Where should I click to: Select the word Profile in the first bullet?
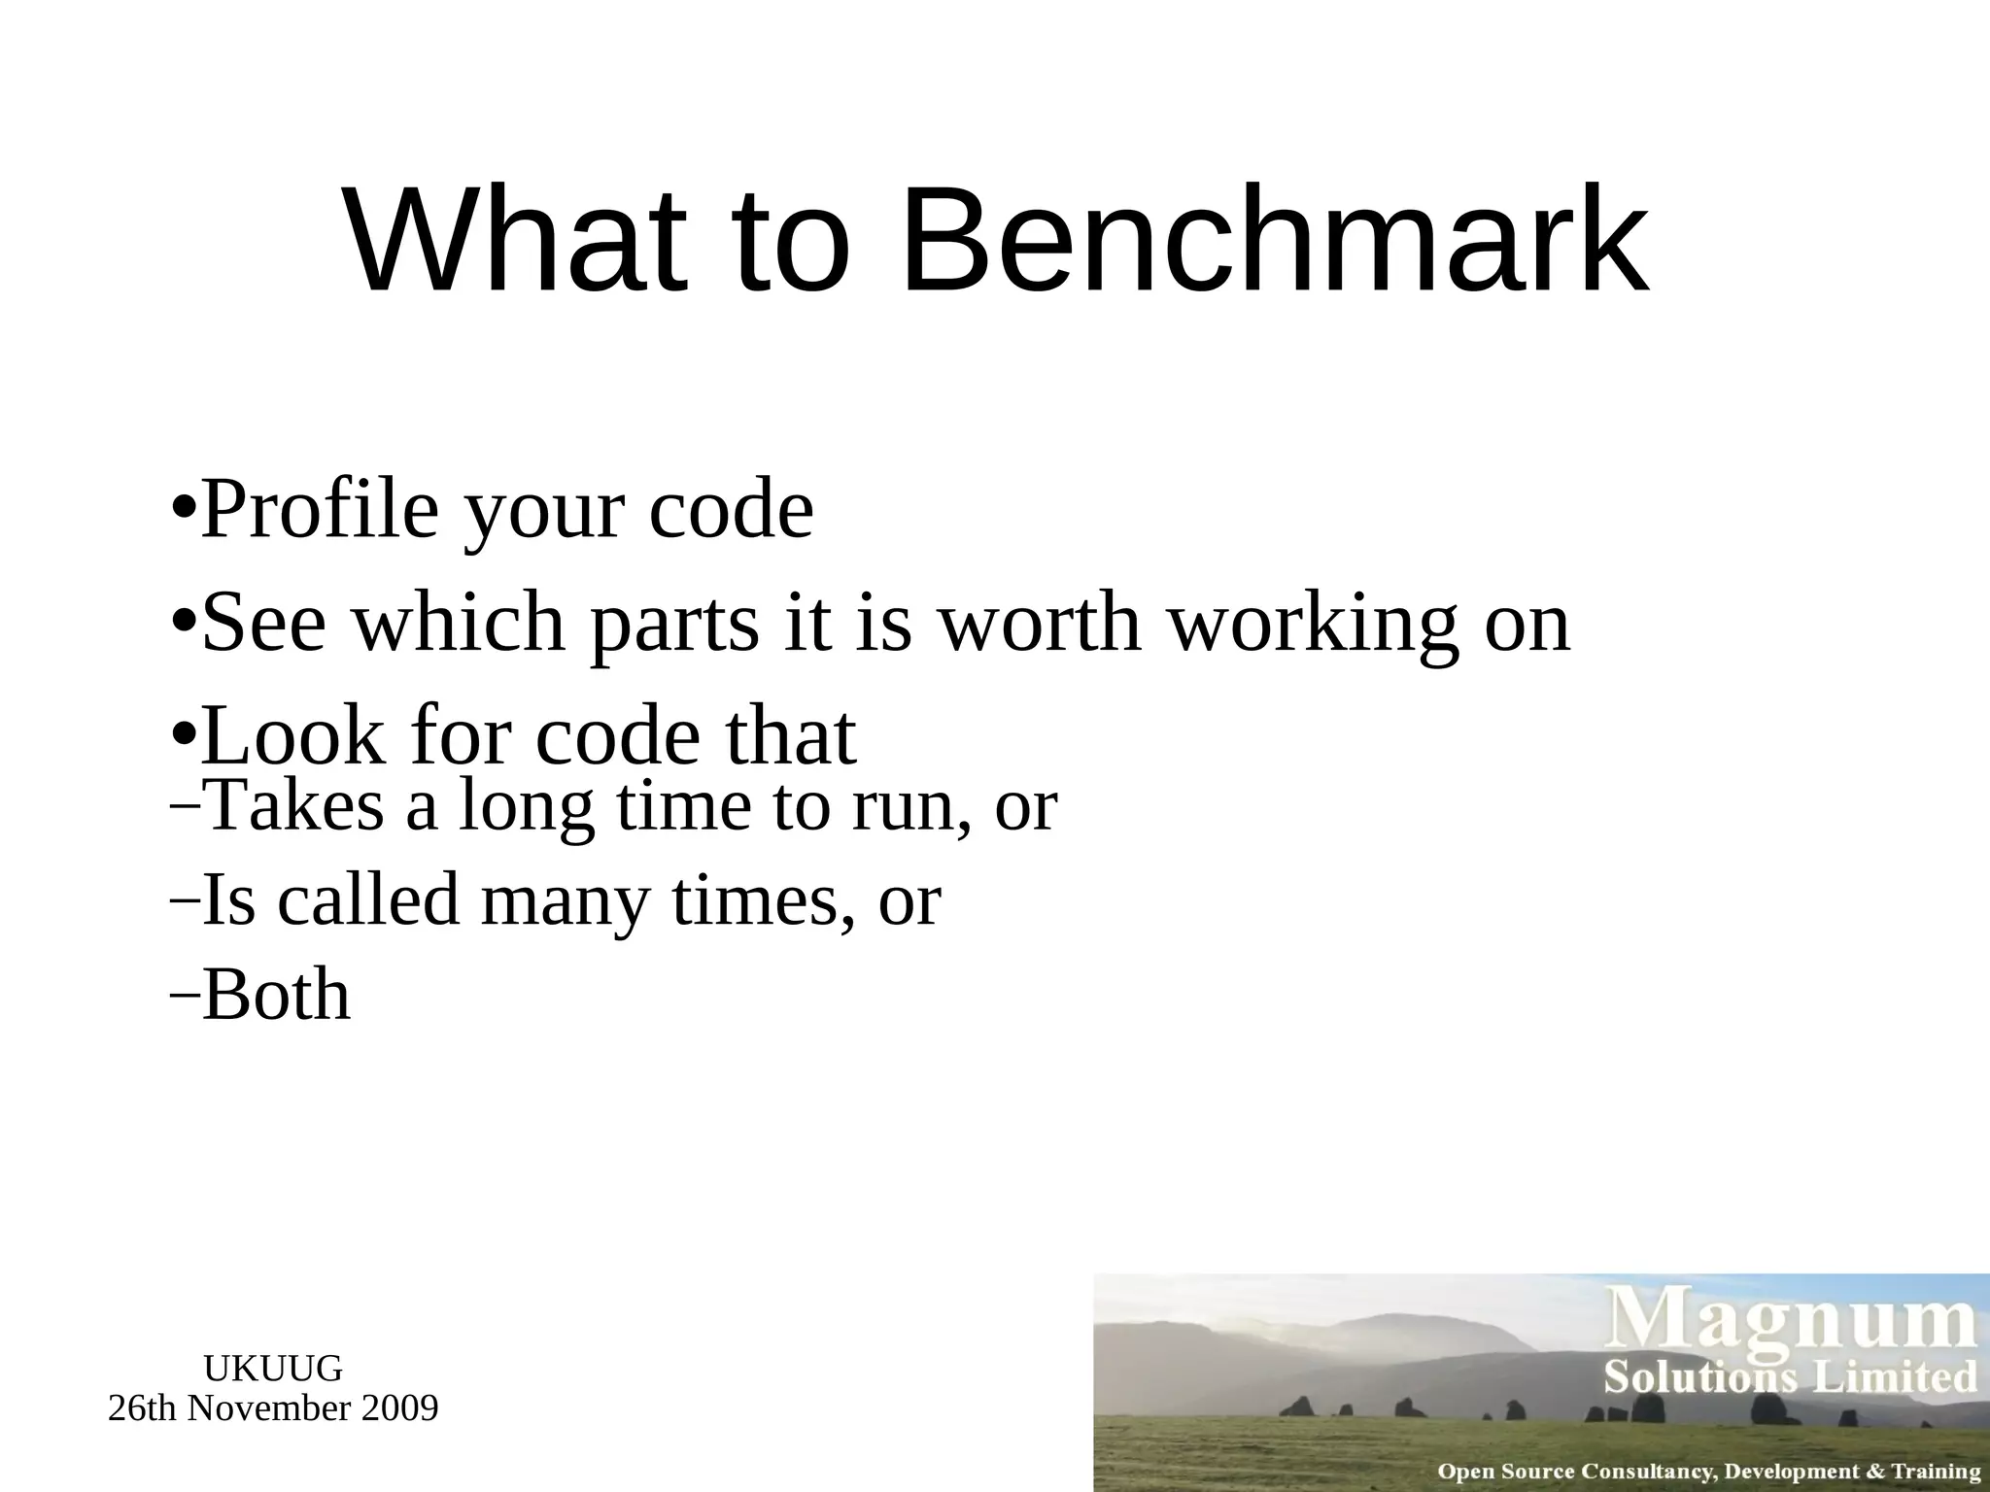(321, 510)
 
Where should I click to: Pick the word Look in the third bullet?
(292, 735)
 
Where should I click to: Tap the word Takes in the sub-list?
(296, 805)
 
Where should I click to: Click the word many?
(565, 901)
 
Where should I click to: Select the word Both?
(276, 996)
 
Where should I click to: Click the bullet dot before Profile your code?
(183, 510)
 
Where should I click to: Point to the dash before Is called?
(184, 900)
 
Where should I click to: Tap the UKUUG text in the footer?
(273, 1369)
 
